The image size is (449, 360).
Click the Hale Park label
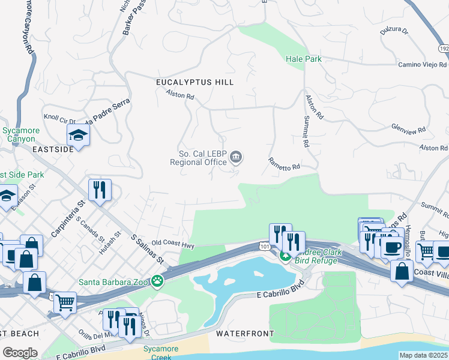[303, 59]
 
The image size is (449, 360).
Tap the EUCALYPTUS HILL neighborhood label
[194, 82]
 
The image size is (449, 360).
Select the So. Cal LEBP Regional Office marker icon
[237, 158]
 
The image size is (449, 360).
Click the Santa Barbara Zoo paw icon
[157, 280]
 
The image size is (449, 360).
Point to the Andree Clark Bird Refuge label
[311, 256]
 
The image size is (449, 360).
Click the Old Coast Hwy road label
[173, 245]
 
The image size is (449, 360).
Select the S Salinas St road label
[147, 249]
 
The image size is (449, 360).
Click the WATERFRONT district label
[245, 333]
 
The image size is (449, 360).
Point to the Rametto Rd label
[284, 163]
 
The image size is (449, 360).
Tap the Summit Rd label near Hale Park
[306, 131]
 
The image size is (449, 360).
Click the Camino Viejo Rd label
[423, 64]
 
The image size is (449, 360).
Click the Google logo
[20, 353]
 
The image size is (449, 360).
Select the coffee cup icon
[393, 247]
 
